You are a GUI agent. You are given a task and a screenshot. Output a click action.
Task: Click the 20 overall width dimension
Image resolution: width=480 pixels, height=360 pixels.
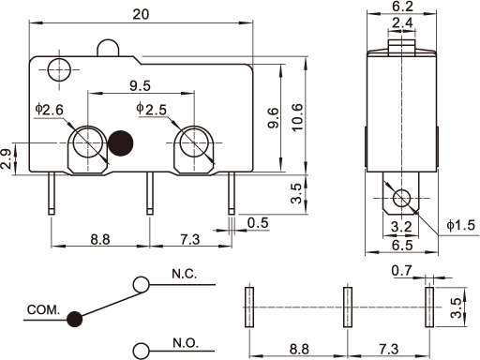click(x=141, y=14)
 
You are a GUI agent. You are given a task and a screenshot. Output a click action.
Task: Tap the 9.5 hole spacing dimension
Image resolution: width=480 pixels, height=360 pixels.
click(x=141, y=85)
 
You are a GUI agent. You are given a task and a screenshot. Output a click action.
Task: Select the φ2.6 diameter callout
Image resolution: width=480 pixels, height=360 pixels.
click(x=50, y=110)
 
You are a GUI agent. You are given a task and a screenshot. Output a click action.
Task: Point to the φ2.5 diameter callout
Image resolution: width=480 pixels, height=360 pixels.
click(x=152, y=109)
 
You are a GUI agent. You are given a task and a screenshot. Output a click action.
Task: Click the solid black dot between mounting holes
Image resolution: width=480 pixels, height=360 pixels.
click(x=120, y=143)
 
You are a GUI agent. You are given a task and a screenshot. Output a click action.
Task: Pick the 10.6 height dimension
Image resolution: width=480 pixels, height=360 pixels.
click(x=297, y=117)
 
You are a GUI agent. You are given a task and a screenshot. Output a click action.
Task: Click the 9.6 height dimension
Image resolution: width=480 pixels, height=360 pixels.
click(x=273, y=118)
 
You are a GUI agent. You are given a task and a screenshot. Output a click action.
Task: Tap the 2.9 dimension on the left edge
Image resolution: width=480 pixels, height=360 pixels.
click(x=6, y=159)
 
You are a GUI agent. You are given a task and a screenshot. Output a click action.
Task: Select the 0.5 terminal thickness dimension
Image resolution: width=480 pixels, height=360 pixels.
click(x=258, y=223)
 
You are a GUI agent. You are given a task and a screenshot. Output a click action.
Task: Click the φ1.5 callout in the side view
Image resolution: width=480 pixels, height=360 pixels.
click(x=461, y=225)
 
